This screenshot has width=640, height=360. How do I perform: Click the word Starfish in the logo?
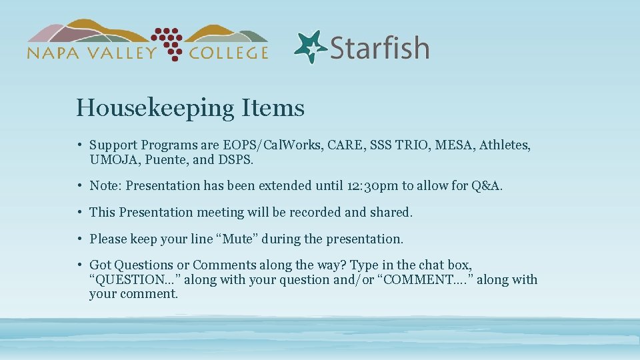click(379, 49)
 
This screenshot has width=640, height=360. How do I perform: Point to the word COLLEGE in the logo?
click(228, 53)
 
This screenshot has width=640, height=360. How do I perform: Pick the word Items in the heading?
click(274, 107)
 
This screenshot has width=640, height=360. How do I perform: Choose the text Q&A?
click(487, 185)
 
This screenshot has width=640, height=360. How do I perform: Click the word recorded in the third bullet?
click(319, 212)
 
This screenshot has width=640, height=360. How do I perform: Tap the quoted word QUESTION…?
click(134, 279)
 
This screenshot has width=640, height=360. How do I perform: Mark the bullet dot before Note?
click(79, 186)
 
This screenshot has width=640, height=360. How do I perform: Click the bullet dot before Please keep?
click(79, 239)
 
